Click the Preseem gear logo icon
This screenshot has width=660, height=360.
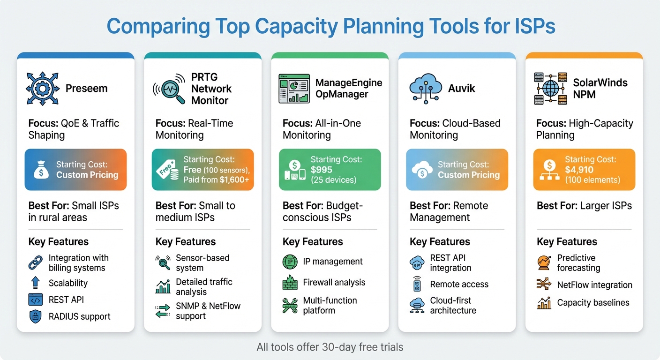[x=42, y=88]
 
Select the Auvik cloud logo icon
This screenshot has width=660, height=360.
[x=426, y=88]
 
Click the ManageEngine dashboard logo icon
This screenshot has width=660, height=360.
[x=294, y=88]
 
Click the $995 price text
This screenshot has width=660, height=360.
[x=322, y=170]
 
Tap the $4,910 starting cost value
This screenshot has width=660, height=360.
[x=579, y=170]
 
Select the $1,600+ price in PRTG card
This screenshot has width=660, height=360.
[x=234, y=180]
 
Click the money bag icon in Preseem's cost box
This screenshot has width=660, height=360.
[x=41, y=170]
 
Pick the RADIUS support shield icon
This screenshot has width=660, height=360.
[x=36, y=316]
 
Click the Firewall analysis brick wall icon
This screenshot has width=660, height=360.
[x=290, y=283]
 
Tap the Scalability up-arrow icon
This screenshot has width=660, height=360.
[x=36, y=283]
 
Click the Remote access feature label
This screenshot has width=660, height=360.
[x=459, y=284]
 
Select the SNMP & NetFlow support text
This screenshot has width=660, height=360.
[x=208, y=311]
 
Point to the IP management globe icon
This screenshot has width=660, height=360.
[x=290, y=262]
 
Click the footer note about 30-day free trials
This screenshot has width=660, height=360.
[x=330, y=347]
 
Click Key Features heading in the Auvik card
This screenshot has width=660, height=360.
[x=440, y=241]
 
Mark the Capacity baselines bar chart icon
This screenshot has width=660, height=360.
[x=544, y=303]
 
